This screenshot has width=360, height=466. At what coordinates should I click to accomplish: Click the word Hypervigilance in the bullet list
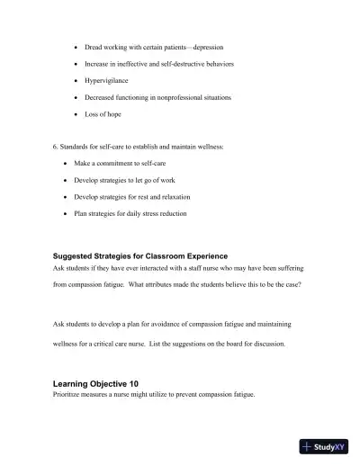(107, 80)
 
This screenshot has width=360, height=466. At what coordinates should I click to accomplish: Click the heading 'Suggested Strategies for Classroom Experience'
(140, 256)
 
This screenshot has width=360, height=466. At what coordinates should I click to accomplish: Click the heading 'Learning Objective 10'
(96, 383)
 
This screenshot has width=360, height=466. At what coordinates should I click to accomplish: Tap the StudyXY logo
(323, 446)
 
